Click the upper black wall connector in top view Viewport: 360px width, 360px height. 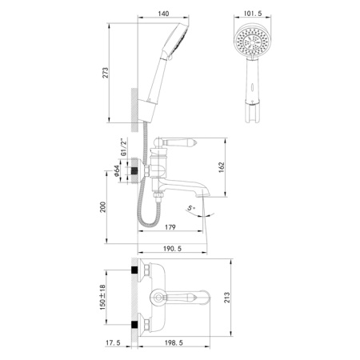pos(135,270)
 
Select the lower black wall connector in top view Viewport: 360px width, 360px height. pos(135,327)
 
